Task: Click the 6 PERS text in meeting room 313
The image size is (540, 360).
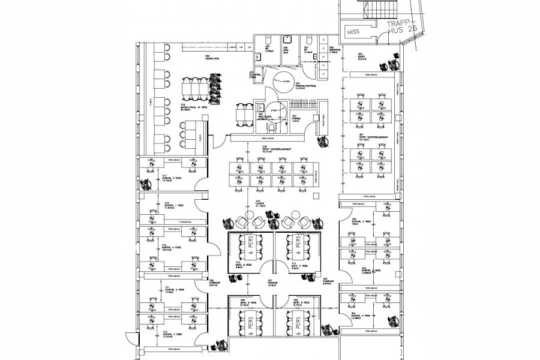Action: pyautogui.click(x=250, y=246)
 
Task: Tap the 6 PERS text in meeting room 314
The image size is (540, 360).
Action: pyautogui.click(x=297, y=246)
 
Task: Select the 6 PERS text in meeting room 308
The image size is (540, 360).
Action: pyautogui.click(x=250, y=325)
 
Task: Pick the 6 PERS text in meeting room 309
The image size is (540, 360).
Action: pyautogui.click(x=297, y=325)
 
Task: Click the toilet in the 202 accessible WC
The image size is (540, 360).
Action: pyautogui.click(x=270, y=127)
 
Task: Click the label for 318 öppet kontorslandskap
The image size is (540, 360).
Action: pyautogui.click(x=268, y=149)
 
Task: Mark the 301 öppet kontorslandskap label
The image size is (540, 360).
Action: pyautogui.click(x=367, y=137)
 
